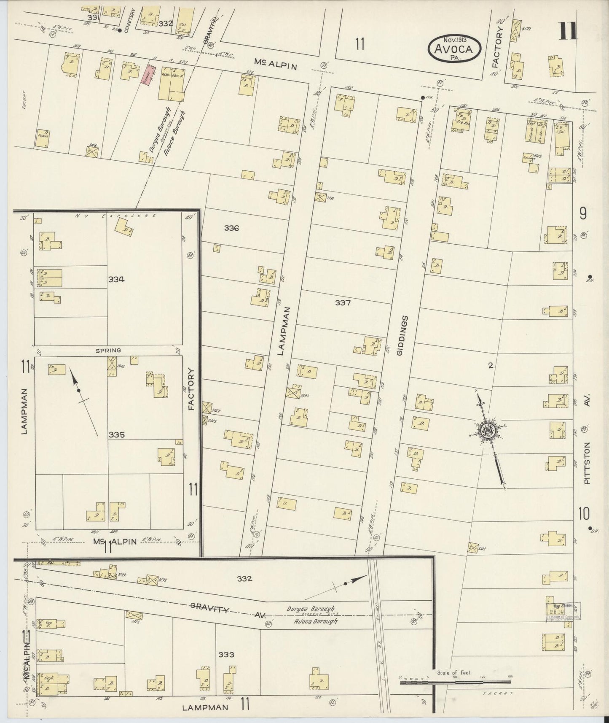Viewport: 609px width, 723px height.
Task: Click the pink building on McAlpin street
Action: [x=147, y=76]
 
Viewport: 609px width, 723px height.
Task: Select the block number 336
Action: [x=231, y=228]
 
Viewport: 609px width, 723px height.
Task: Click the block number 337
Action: [x=343, y=302]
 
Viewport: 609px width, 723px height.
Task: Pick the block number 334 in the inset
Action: [x=116, y=279]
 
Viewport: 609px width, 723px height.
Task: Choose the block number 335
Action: [x=116, y=435]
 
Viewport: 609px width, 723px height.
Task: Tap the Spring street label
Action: [x=108, y=350]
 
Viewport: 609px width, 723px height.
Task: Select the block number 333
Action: [x=226, y=654]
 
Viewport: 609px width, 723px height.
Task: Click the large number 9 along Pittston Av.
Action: [x=583, y=214]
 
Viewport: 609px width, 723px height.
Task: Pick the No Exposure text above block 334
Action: [x=115, y=216]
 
